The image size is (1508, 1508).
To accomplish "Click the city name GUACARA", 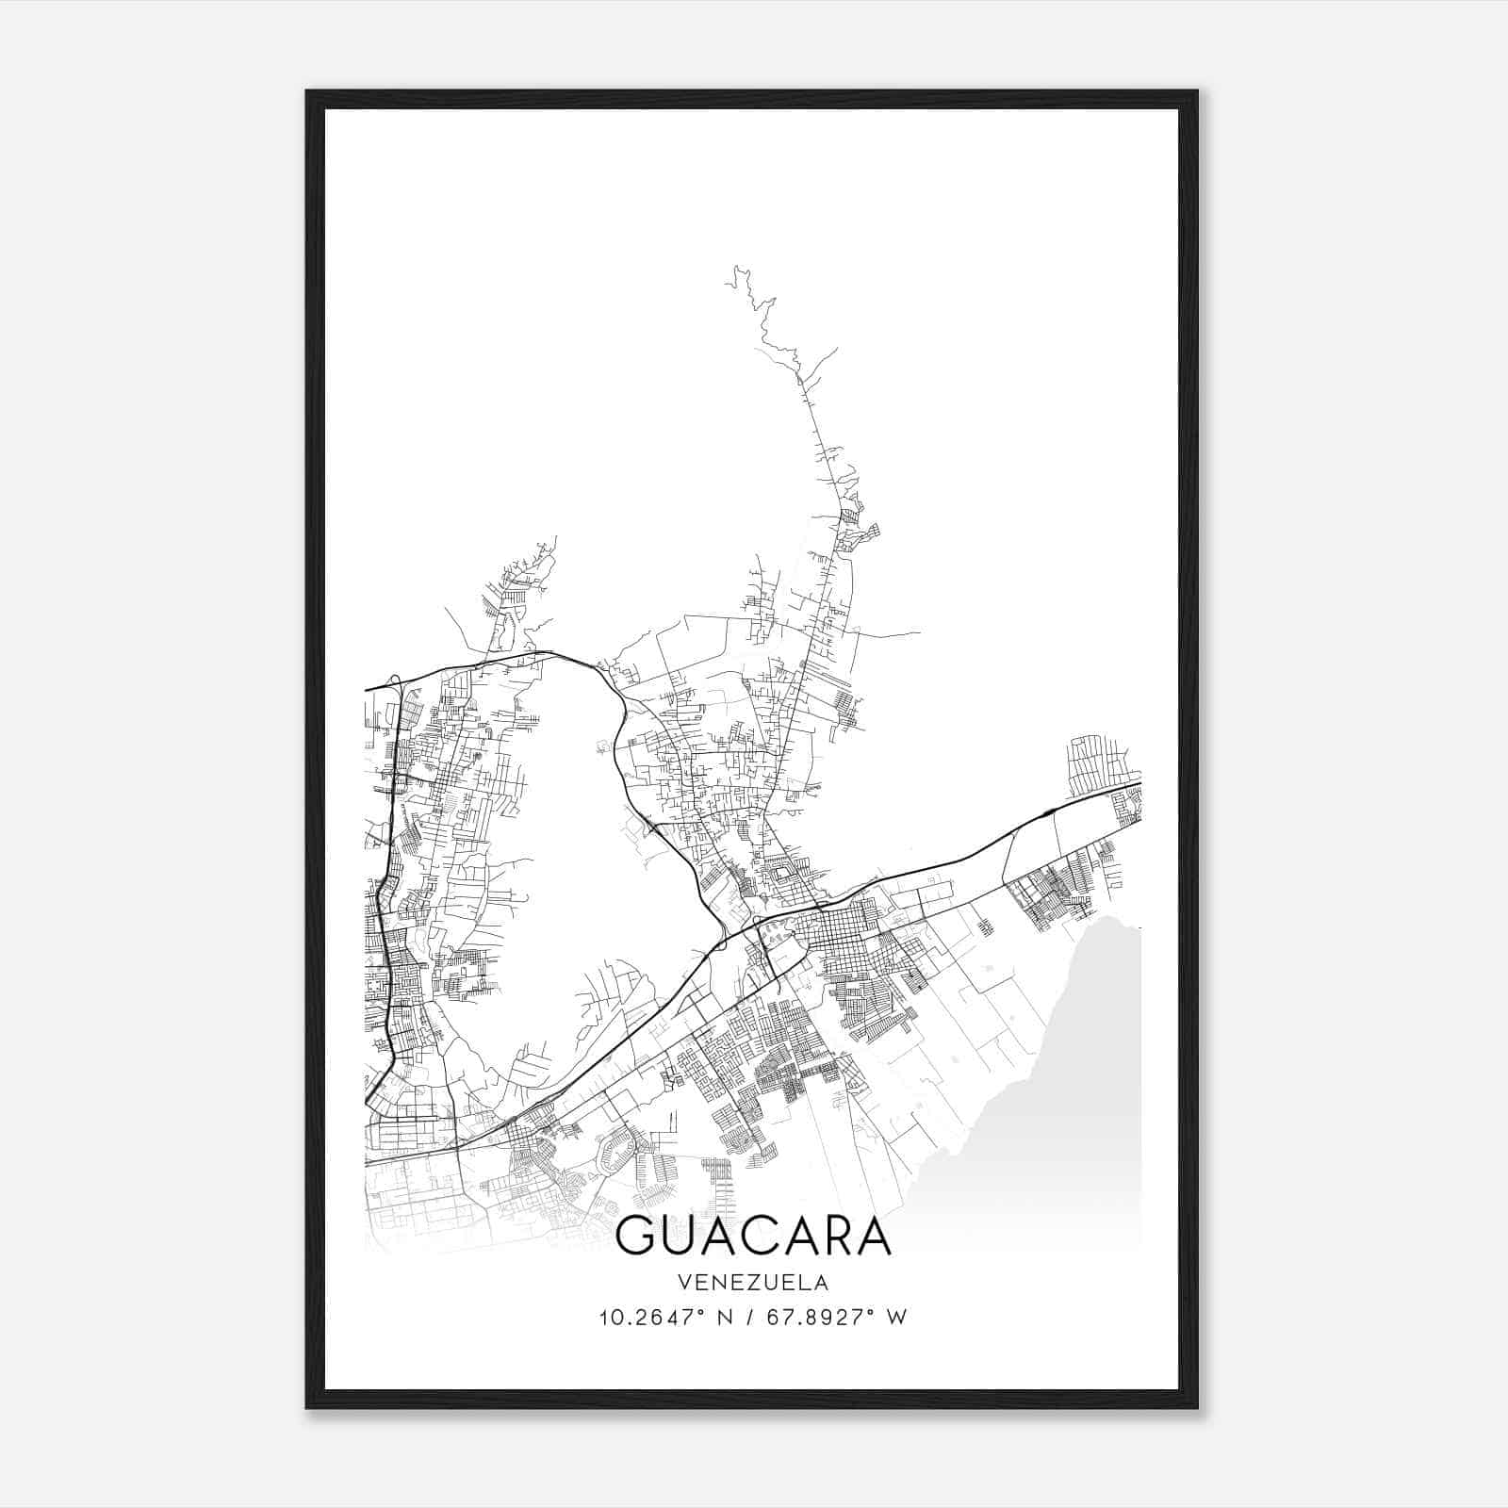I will click(x=753, y=1236).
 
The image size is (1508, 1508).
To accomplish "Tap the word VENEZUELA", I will click(x=753, y=1283).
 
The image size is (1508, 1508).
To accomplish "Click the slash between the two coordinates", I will click(x=747, y=1318).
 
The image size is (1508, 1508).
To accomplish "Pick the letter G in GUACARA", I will click(x=637, y=1236).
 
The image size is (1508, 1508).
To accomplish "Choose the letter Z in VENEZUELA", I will click(x=746, y=1283).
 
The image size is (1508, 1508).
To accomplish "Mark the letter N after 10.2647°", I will click(x=725, y=1318).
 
